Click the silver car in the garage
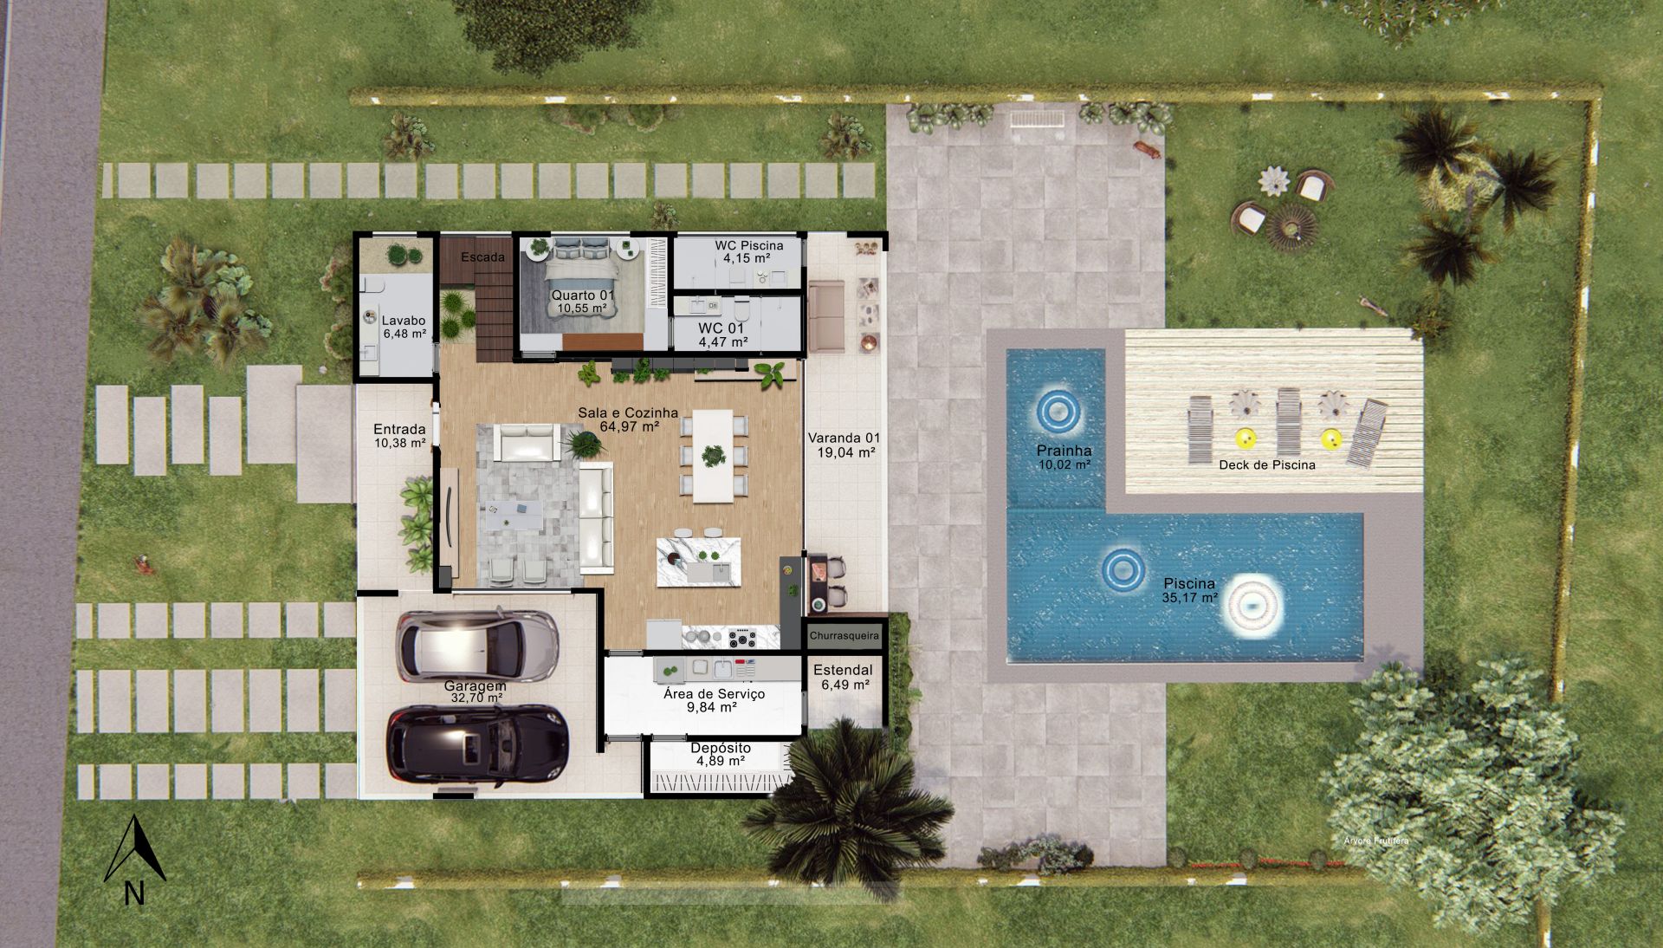477,646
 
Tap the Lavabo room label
404,321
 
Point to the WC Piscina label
748,245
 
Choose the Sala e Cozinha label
628,413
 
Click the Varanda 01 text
844,438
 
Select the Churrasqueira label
844,636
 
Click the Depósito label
721,748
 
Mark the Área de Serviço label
714,693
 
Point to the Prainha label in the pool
1064,451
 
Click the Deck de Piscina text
1267,464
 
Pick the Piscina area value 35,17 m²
1190,598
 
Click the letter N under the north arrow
134,893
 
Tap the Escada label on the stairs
482,257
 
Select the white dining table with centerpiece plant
713,456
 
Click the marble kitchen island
698,562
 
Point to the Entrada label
399,429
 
